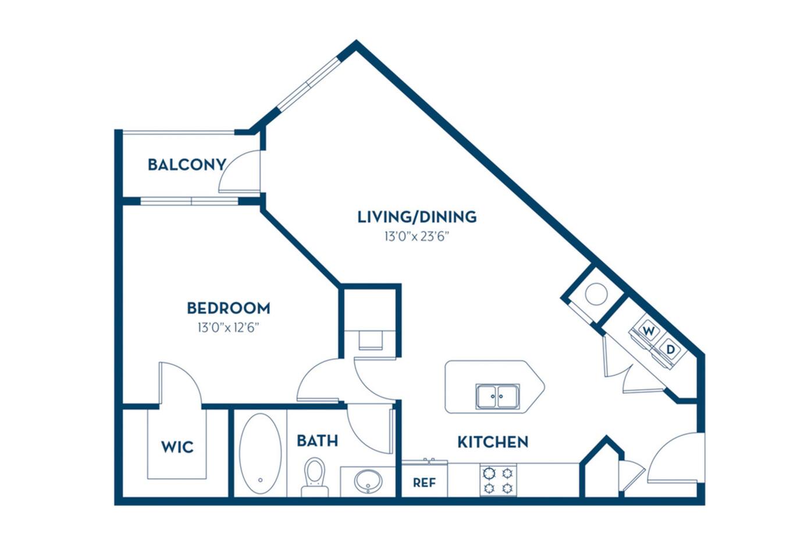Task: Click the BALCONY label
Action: tap(186, 164)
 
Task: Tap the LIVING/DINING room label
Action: tap(417, 217)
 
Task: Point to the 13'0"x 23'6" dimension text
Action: tap(417, 236)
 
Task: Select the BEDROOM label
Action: tap(228, 307)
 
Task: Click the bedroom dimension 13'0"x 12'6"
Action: tap(228, 327)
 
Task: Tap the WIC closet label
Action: tap(177, 447)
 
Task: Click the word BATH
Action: tap(317, 441)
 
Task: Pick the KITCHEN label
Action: tap(493, 442)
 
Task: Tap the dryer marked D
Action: tap(670, 349)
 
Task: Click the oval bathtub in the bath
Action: tap(260, 453)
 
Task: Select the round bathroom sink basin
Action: tap(368, 481)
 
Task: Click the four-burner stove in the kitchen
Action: tap(499, 480)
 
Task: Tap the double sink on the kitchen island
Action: tap(497, 397)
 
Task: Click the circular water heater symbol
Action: tap(596, 294)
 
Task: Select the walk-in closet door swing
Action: tap(180, 384)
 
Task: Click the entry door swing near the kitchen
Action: tap(675, 460)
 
